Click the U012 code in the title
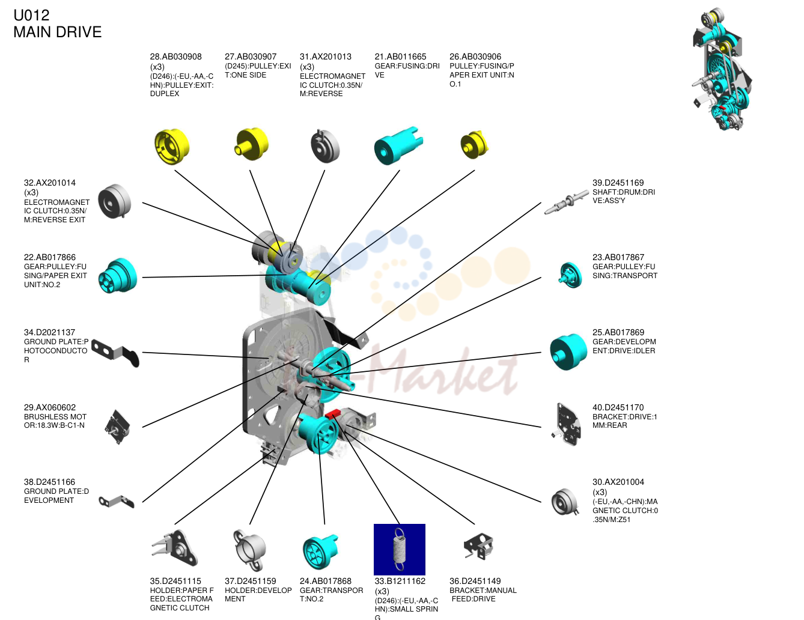click(x=31, y=15)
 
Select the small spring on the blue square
click(x=399, y=549)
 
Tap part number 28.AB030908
click(x=175, y=56)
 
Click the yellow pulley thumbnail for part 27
click(x=252, y=144)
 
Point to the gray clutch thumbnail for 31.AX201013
click(x=325, y=146)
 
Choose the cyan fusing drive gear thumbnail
click(x=398, y=145)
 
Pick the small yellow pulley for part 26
click(x=475, y=145)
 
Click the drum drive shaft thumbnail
click(x=566, y=202)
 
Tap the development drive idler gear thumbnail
click(x=568, y=351)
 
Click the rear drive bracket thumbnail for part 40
click(x=567, y=424)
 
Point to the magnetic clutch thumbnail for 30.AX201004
click(x=565, y=502)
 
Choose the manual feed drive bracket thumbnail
click(x=478, y=546)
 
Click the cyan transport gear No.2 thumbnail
click(x=320, y=551)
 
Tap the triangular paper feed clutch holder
click(x=175, y=548)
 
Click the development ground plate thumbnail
click(x=117, y=502)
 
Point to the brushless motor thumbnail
click(x=117, y=427)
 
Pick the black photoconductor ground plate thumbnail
click(x=115, y=353)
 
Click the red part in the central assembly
click(x=332, y=414)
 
